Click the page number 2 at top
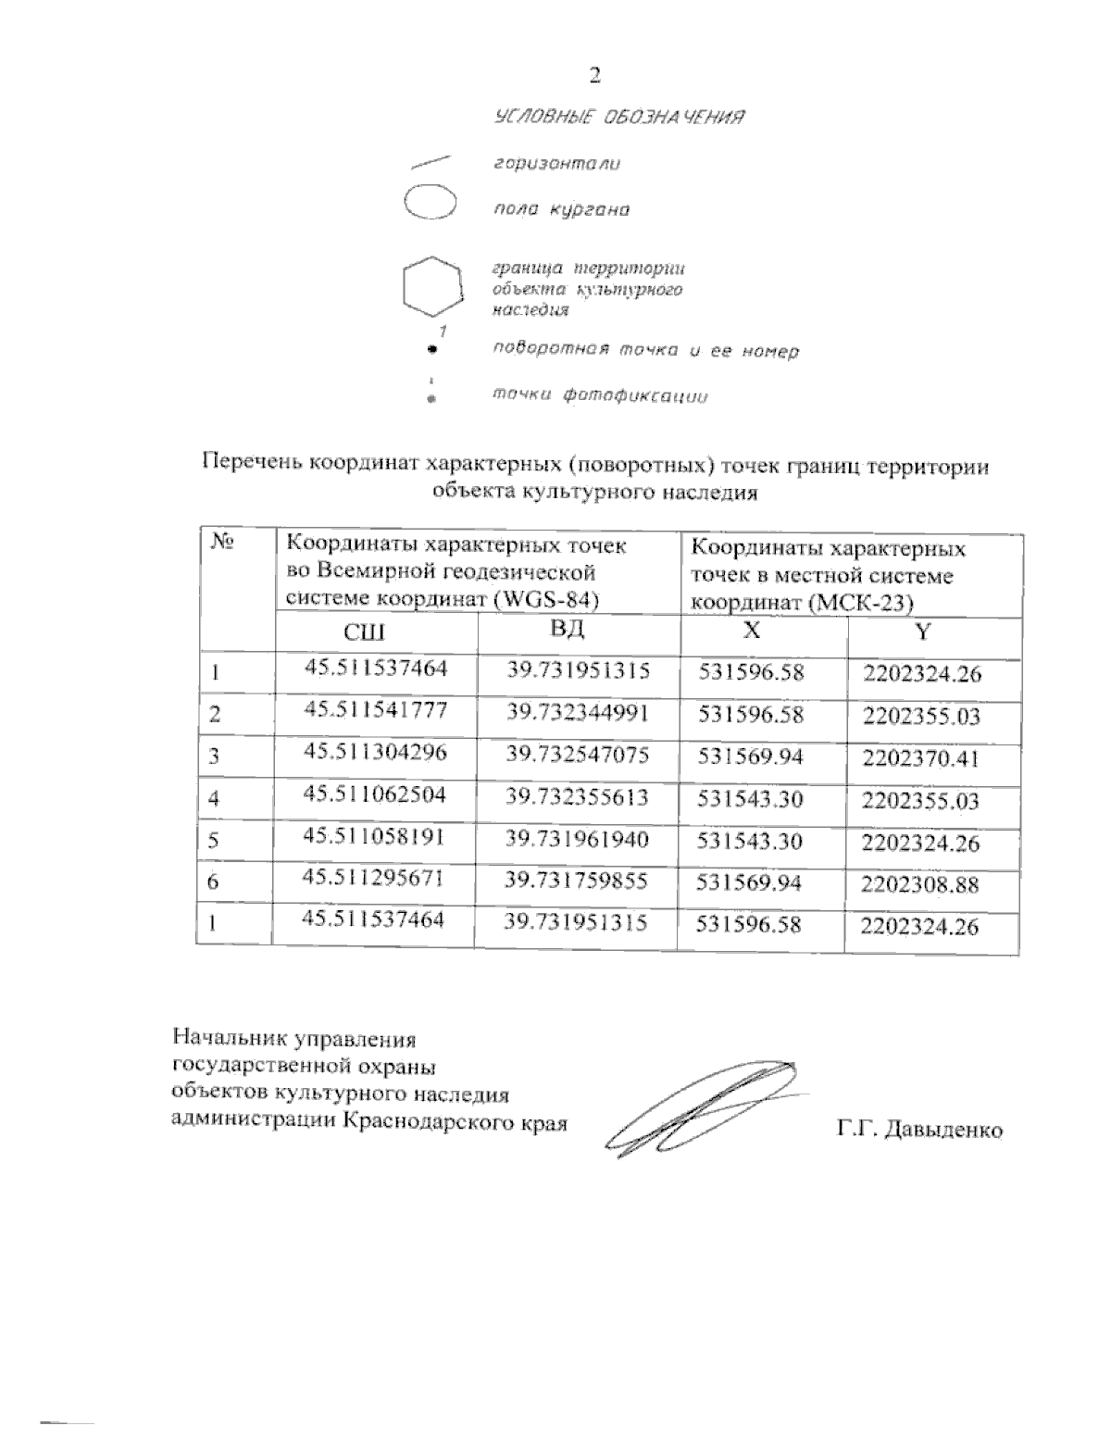595,75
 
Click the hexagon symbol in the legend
431,286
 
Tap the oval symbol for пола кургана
431,203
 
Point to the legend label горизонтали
556,164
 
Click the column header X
754,631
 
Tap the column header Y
922,632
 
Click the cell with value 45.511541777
376,710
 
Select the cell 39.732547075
578,755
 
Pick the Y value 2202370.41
920,759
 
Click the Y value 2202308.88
920,885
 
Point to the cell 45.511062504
376,794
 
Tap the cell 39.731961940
578,839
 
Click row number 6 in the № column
214,882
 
